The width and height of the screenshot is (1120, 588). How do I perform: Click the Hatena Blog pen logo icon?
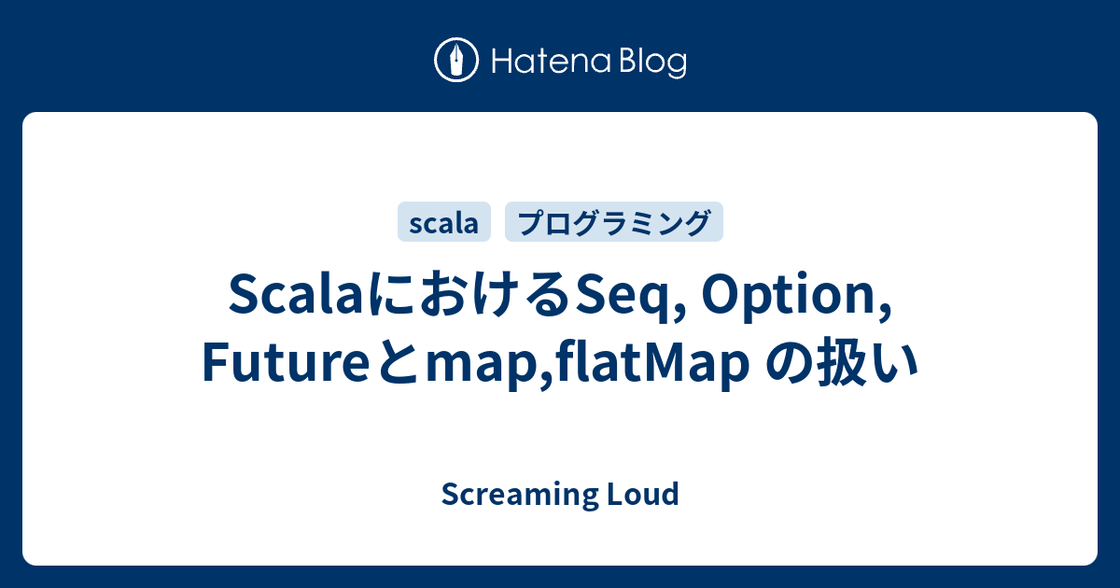(x=456, y=61)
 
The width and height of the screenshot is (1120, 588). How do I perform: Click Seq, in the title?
(x=628, y=299)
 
